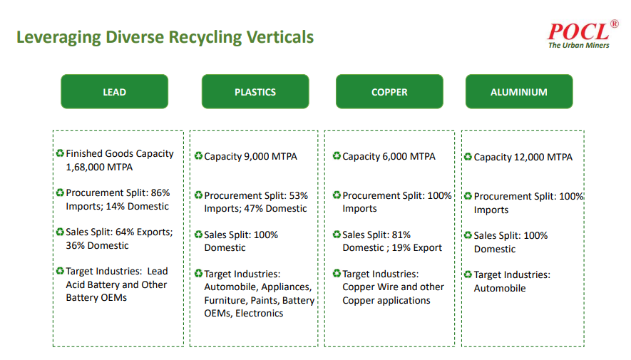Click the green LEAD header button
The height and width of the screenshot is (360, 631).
114,92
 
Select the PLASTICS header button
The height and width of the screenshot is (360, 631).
255,92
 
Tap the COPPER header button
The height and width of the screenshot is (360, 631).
389,92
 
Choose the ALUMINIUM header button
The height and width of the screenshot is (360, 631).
519,92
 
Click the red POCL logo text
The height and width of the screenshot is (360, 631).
578,31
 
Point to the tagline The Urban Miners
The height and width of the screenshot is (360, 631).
579,46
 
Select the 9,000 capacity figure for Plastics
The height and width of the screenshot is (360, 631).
257,156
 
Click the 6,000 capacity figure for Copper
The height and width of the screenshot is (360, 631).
395,156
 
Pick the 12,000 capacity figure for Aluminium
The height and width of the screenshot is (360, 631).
529,158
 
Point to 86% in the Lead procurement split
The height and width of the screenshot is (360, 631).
160,192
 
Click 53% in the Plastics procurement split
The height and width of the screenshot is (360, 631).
298,195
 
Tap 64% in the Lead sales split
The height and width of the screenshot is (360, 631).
125,232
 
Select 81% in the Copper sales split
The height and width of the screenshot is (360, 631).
401,235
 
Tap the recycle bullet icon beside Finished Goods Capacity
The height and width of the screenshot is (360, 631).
61,153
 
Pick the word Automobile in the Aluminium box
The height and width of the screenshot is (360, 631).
499,289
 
